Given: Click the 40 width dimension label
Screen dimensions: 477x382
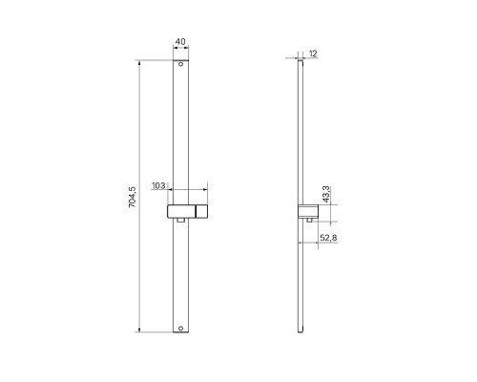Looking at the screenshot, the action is coord(180,41).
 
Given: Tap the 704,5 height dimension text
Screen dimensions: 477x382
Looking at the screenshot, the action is coord(132,197).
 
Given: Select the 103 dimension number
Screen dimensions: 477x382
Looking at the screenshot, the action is coord(158,185).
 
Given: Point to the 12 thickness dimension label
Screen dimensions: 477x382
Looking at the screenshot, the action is coord(313,53).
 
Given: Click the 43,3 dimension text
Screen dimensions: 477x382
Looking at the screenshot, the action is coord(326,195).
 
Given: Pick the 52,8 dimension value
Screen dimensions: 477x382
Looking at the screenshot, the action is coord(328,238).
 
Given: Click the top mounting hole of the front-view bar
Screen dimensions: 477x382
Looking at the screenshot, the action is coord(180,64).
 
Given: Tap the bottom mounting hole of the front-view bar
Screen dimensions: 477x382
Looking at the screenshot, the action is coord(180,329).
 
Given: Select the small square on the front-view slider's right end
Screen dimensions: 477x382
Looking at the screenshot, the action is coord(201,211).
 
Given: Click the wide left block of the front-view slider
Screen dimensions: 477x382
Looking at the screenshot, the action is coord(181,211).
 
